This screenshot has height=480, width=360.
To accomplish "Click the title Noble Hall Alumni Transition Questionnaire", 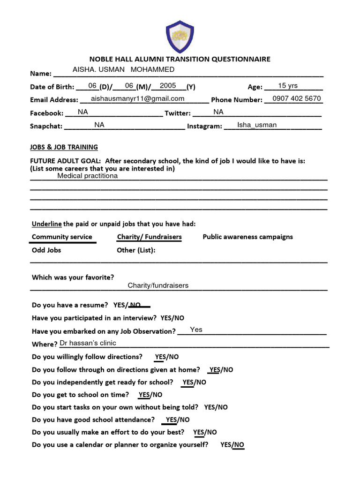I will (x=180, y=59).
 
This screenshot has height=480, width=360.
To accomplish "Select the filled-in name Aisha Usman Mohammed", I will (x=123, y=70).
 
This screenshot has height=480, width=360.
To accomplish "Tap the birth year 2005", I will (x=168, y=86).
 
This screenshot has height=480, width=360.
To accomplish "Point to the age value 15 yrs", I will (x=288, y=86).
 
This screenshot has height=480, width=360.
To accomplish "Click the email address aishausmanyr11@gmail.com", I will (x=138, y=98).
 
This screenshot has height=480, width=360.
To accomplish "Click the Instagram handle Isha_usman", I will (x=257, y=125).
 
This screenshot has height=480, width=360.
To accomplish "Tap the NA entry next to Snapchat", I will (x=99, y=125).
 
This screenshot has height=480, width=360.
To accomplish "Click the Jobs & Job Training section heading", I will (x=64, y=147).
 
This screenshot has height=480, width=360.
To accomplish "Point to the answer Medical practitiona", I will (x=87, y=176).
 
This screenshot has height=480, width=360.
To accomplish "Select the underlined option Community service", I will (x=62, y=237).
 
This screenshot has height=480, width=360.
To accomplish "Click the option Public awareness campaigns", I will (x=247, y=237).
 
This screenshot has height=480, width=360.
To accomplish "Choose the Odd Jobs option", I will (x=46, y=250).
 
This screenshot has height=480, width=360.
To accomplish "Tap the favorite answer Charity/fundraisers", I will (x=158, y=285).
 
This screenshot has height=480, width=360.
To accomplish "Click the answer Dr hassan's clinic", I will (x=88, y=343).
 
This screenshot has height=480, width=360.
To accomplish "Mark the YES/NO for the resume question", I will (x=127, y=305).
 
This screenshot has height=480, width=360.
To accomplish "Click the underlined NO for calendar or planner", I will (x=239, y=445).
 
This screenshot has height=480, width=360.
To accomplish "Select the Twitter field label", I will (x=178, y=113).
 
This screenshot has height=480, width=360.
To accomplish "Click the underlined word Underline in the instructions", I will (x=46, y=223).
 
